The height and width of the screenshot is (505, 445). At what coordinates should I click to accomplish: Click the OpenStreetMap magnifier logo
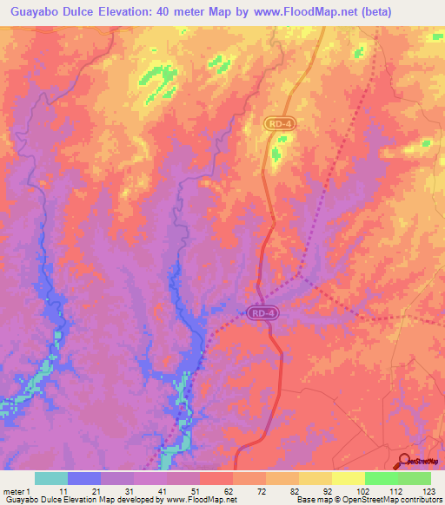click(x=406, y=462)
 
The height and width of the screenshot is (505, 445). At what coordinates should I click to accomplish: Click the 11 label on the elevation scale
click(x=63, y=492)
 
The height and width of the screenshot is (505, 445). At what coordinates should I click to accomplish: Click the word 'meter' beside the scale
click(x=16, y=492)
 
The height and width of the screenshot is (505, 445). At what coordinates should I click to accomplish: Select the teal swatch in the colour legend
click(x=51, y=478)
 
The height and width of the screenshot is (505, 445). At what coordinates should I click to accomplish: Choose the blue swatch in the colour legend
click(x=84, y=478)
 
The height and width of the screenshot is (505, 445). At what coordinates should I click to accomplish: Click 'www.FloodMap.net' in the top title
click(x=295, y=12)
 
